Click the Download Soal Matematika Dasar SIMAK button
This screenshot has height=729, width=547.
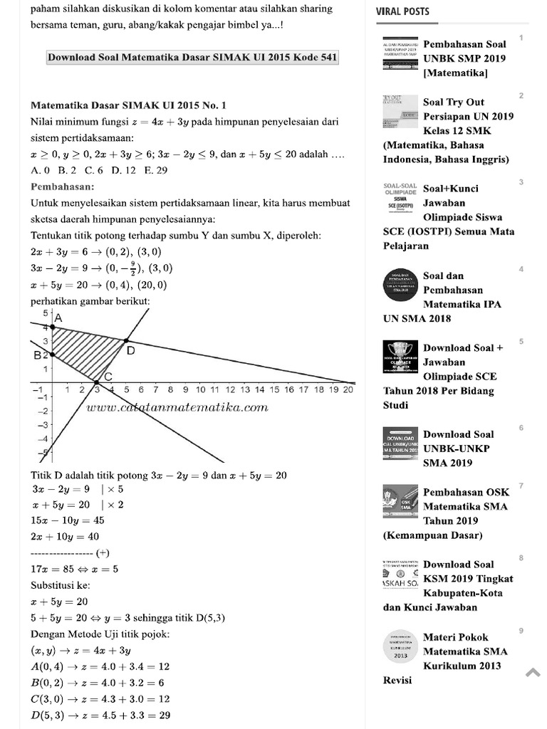click(x=192, y=58)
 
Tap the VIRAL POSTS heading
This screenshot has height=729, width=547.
click(x=402, y=11)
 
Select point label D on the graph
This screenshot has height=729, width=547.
click(x=131, y=350)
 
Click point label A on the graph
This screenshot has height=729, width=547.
click(x=58, y=318)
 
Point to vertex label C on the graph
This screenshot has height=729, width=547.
click(x=108, y=376)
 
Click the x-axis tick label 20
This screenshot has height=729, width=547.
click(x=348, y=389)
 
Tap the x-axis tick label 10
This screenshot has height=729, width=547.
click(x=200, y=389)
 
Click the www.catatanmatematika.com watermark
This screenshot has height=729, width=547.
click(x=177, y=407)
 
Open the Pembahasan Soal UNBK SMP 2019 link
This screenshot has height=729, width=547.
click(x=464, y=58)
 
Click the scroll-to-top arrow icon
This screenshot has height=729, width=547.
click(x=533, y=673)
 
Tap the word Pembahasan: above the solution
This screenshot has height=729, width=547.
click(x=63, y=187)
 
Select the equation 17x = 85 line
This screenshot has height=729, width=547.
click(x=75, y=569)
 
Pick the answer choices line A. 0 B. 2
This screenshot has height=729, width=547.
click(x=100, y=170)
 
